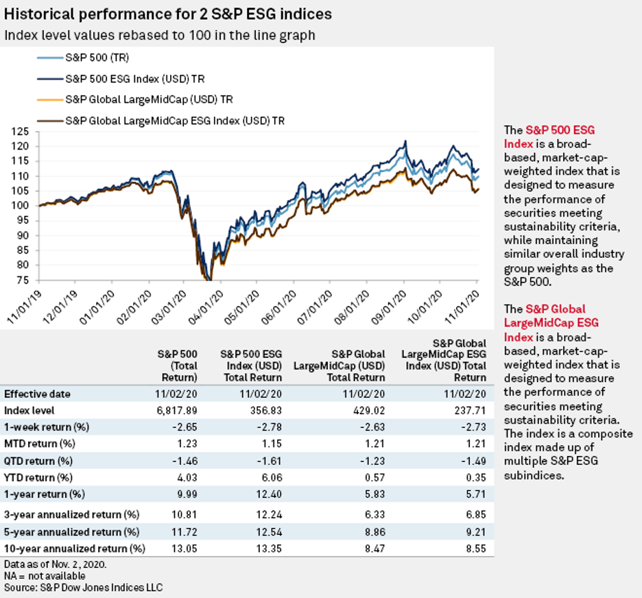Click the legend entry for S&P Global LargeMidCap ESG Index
point(174,121)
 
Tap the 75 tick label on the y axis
point(27,280)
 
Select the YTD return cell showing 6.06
point(268,476)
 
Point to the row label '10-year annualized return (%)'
point(75,548)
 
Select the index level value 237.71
point(471,410)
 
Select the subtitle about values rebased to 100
point(159,34)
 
